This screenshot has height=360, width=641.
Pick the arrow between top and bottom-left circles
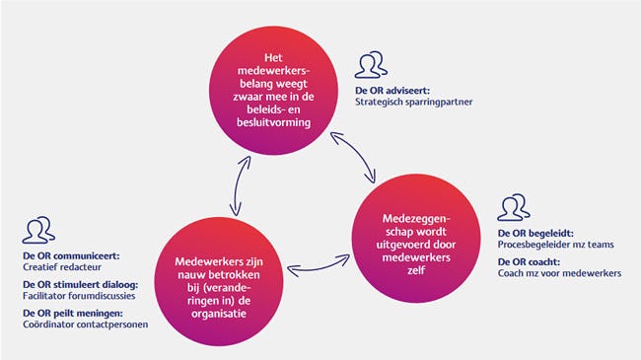[236, 184]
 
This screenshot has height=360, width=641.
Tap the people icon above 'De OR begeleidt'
[514, 209]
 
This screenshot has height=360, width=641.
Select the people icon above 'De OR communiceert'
[36, 230]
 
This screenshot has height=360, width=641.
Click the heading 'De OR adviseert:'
[388, 90]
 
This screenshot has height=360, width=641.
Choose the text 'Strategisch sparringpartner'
[415, 102]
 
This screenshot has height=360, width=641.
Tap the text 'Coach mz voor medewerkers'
[559, 273]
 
